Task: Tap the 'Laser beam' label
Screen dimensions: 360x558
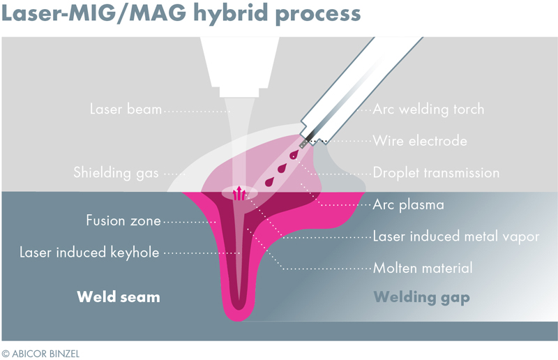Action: (x=126, y=110)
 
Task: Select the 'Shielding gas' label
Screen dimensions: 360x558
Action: (x=116, y=172)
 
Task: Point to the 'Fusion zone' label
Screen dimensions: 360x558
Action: (x=123, y=221)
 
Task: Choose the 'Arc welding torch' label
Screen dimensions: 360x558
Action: (x=428, y=110)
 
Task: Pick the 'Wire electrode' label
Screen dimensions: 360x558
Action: (x=419, y=141)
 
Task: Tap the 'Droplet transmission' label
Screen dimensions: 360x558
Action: (x=436, y=172)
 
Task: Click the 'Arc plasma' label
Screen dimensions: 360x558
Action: (x=409, y=205)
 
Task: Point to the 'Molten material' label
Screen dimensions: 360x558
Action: (x=423, y=268)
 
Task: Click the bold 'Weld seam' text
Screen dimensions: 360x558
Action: (x=119, y=297)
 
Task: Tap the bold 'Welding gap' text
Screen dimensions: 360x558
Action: (x=421, y=297)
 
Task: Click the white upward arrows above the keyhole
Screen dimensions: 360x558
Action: (x=239, y=193)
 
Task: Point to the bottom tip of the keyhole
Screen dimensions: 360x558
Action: (x=239, y=305)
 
